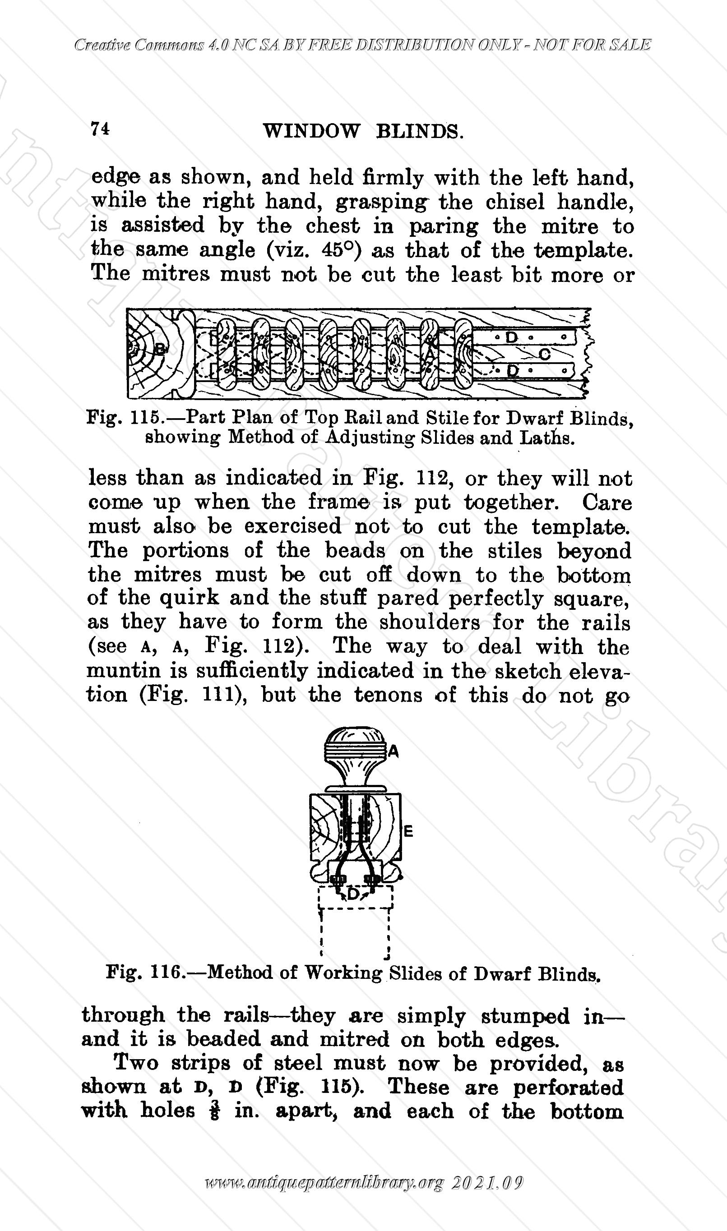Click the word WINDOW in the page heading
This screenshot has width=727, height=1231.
[311, 131]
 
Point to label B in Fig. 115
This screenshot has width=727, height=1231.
[160, 349]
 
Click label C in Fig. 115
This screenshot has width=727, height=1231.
[545, 354]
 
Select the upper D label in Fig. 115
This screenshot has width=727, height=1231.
[511, 337]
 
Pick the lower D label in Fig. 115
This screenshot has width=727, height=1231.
[512, 370]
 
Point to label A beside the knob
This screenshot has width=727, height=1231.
[394, 752]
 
